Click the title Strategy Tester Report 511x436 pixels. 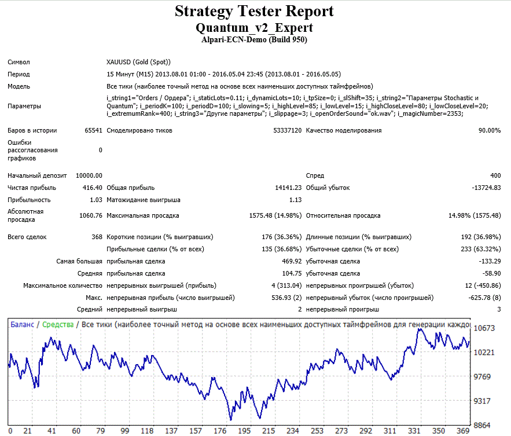click(254, 12)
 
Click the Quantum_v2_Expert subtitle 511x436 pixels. click(254, 28)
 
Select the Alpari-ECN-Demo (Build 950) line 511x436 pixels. click(254, 40)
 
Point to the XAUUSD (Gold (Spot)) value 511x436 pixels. click(138, 62)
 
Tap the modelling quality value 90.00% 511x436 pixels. click(490, 130)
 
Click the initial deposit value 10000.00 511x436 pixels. click(89, 175)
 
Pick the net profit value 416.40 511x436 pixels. click(92, 188)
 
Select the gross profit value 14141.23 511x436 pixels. click(288, 188)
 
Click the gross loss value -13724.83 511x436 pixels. click(486, 188)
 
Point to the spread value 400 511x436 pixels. click(495, 175)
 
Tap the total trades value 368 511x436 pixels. click(97, 237)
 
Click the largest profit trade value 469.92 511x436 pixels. click(292, 261)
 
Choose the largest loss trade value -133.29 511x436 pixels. click(490, 261)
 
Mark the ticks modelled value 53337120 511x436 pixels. click(288, 130)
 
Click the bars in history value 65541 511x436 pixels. click(94, 130)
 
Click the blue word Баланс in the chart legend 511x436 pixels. click(22, 324)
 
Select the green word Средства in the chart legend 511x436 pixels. click(58, 325)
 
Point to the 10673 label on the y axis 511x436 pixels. click(484, 328)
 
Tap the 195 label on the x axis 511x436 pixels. click(244, 431)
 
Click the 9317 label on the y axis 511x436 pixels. click(482, 401)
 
